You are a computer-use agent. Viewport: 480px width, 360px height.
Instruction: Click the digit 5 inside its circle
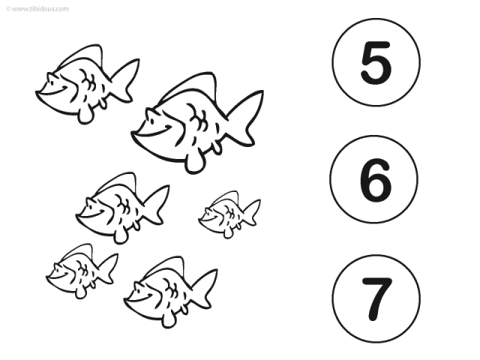tap(376, 63)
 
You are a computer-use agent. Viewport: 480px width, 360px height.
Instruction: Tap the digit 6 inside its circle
tap(375, 180)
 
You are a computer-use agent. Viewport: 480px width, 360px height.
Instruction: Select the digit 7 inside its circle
tap(377, 299)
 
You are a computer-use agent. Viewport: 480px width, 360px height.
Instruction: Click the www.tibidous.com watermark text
tap(40, 8)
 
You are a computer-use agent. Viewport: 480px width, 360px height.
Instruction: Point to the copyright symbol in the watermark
tap(8, 8)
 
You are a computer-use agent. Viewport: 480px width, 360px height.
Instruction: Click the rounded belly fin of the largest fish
tap(193, 163)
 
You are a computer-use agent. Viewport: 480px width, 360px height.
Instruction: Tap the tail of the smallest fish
tap(253, 212)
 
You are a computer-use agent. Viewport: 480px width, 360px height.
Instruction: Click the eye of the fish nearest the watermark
tap(52, 82)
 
